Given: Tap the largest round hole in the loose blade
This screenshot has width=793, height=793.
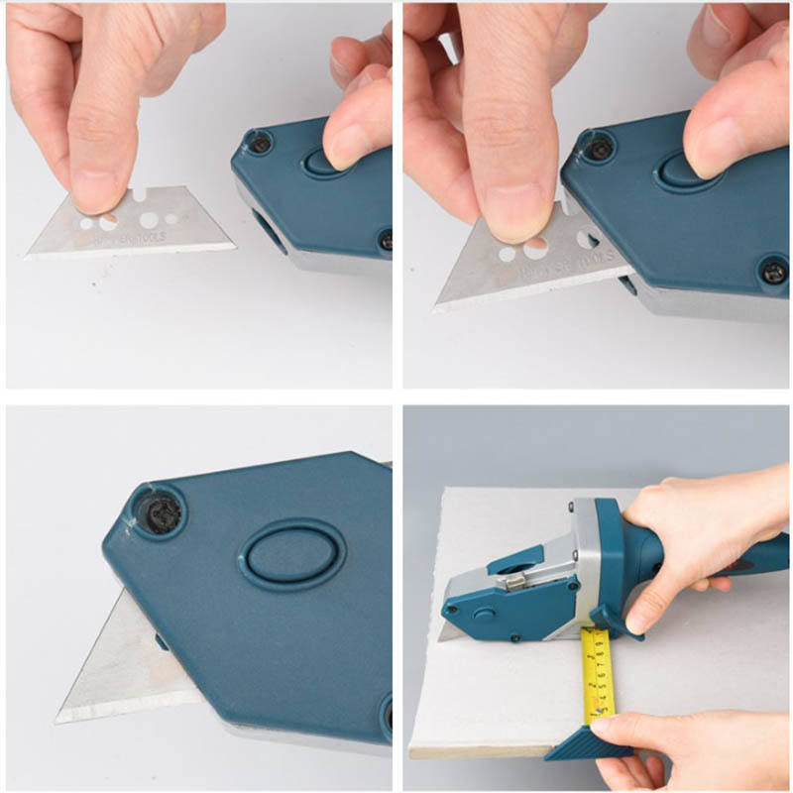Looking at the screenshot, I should point(152,219).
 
